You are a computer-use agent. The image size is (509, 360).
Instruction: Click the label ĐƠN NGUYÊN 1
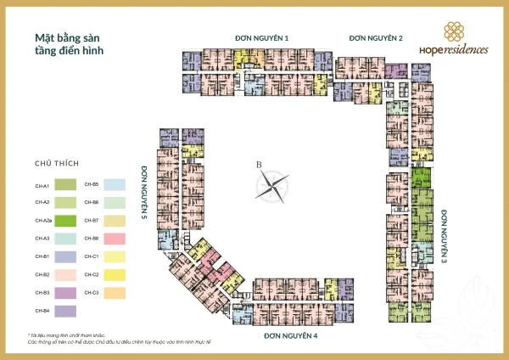click(262, 38)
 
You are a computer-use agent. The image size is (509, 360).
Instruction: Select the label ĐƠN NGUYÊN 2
click(376, 38)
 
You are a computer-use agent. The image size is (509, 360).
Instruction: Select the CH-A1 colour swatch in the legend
click(67, 185)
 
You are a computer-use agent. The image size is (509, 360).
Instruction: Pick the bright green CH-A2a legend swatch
click(67, 221)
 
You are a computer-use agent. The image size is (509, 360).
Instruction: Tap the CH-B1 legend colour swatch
click(67, 256)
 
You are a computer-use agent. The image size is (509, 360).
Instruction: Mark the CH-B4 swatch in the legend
click(67, 310)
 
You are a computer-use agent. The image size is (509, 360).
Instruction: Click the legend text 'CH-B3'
click(42, 292)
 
